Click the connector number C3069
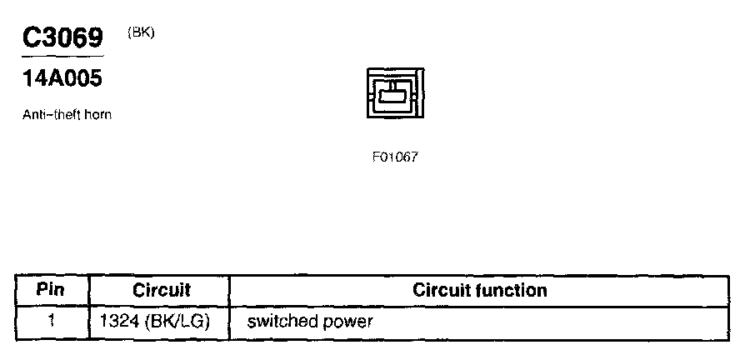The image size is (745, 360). point(62,38)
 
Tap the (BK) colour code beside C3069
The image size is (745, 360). point(141,32)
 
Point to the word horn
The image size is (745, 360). point(97,115)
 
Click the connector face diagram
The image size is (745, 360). point(395,95)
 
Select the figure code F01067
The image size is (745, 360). point(395,157)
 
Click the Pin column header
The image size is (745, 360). point(51,291)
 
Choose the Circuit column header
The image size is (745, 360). point(162,291)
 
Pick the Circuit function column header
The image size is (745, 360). point(480,291)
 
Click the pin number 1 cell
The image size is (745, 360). point(51,321)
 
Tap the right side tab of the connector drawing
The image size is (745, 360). point(422,95)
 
